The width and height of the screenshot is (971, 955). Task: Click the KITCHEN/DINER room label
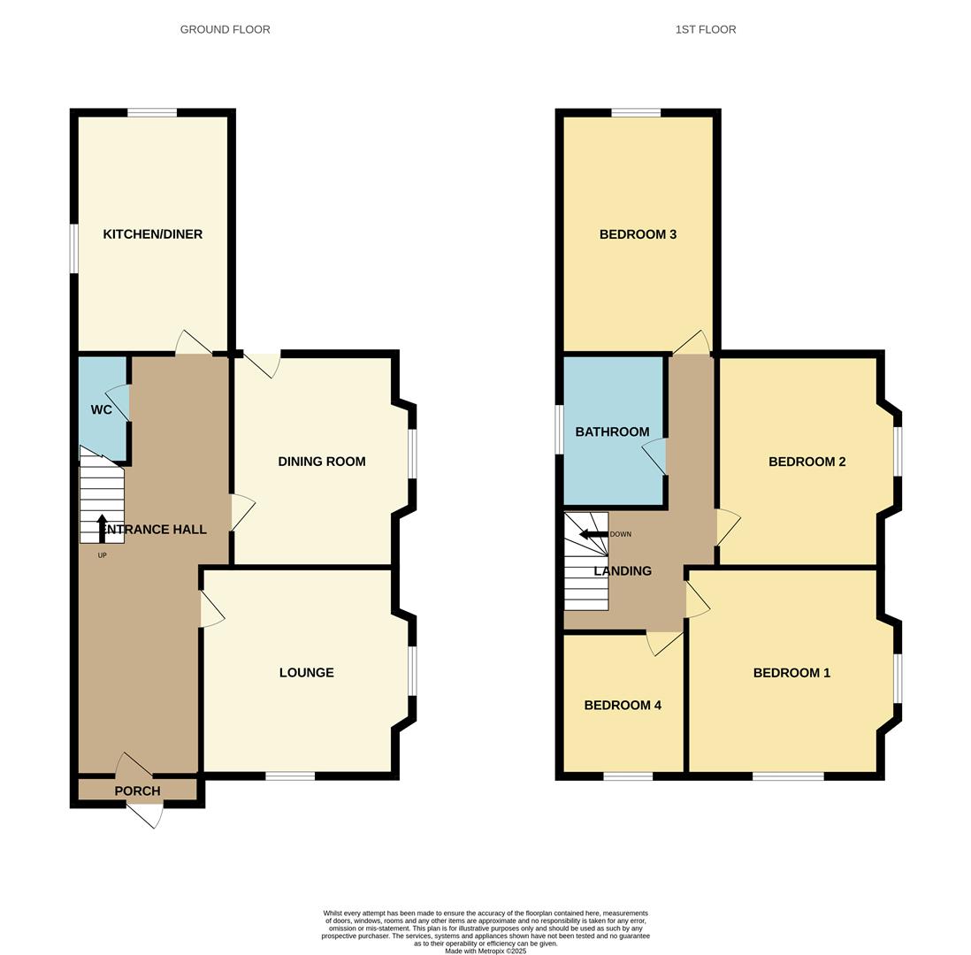153,234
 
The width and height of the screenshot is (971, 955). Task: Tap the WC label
102,409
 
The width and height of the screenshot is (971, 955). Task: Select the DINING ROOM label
322,462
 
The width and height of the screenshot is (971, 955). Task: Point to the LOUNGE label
307,673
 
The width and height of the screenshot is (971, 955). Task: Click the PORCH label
137,791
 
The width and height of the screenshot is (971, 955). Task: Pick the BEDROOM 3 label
638,234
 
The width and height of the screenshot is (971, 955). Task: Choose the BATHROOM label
612,432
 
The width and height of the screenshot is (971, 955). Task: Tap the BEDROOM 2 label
807,462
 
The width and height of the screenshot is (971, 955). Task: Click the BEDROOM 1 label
791,673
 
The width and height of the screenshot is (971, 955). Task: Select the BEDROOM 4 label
623,706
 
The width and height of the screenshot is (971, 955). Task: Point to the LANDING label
623,571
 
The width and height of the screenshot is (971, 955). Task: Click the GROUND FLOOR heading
226,29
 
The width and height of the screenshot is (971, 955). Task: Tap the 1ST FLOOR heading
706,29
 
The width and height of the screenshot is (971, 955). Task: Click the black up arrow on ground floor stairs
102,526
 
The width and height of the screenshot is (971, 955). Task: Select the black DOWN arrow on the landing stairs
592,534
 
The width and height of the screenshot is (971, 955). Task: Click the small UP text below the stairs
102,555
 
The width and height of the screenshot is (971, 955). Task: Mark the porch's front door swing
146,815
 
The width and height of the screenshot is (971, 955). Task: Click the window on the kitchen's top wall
152,112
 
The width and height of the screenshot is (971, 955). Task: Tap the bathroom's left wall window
559,430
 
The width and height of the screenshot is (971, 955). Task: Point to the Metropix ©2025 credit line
485,951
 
